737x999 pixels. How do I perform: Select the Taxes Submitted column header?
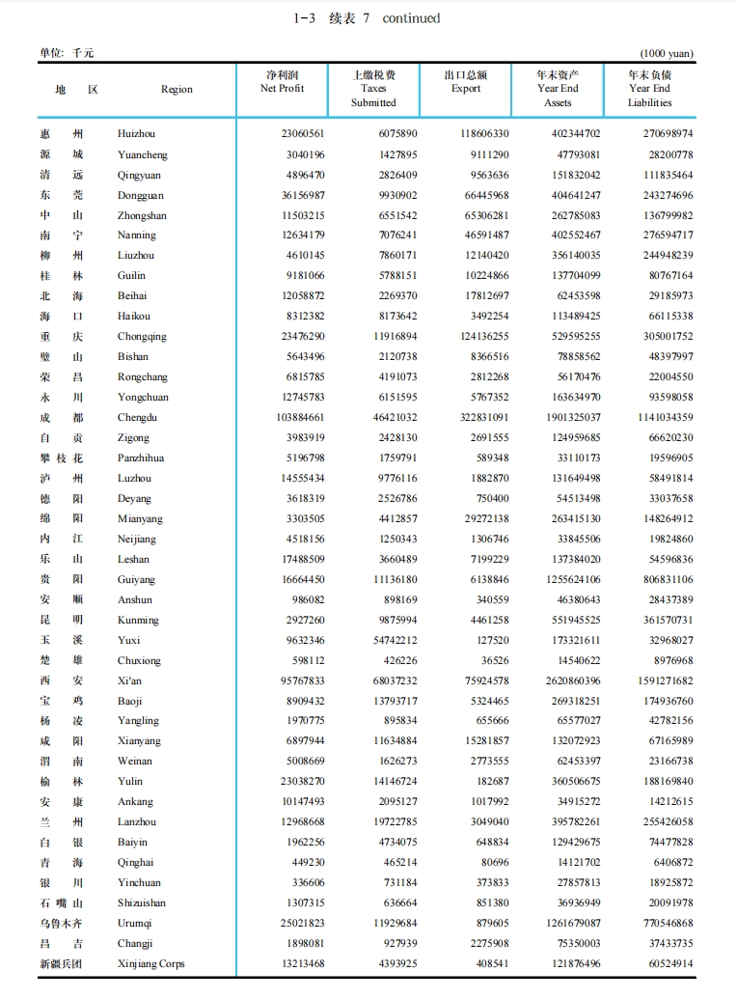click(373, 89)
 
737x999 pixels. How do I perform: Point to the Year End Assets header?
click(558, 89)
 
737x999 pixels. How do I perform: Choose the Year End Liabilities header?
click(649, 89)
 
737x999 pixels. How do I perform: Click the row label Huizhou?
click(136, 134)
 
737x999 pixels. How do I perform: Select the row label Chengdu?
click(137, 418)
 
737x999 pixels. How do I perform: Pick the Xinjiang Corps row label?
click(150, 964)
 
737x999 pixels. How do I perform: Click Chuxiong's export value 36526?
click(494, 660)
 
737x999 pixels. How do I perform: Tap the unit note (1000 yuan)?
click(667, 54)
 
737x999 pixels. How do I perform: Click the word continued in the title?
click(411, 18)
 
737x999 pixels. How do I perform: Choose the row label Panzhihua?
click(141, 458)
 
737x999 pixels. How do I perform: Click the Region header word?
click(177, 90)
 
